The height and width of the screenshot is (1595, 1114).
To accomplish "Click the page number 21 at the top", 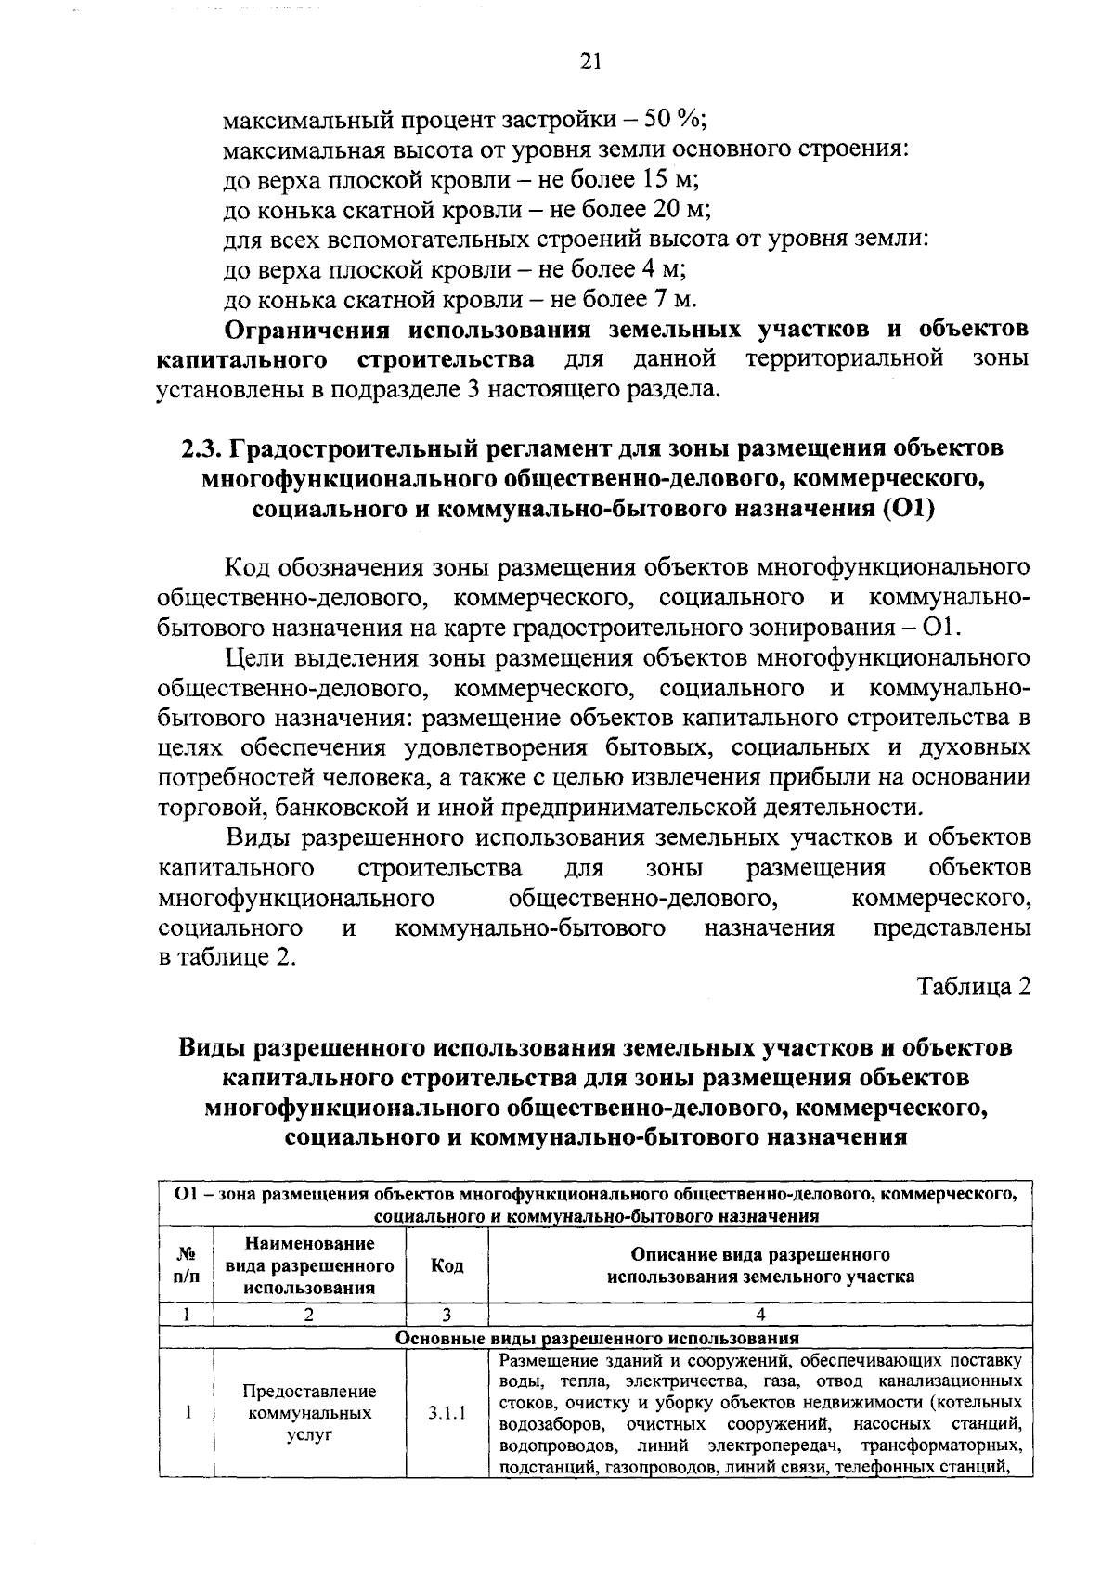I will point(591,62).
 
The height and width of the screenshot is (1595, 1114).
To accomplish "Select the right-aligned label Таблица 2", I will point(975,987).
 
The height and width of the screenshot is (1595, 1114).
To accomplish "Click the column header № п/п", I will point(186,1265).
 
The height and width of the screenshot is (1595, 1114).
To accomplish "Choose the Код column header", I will point(447,1265).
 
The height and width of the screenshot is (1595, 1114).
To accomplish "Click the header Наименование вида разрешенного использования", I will point(309,1265).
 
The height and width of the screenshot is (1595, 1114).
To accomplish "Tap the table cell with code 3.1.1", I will point(447,1414).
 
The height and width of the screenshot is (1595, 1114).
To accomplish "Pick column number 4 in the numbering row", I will point(760,1315).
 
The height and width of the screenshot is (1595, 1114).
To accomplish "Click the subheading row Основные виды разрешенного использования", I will point(597,1339).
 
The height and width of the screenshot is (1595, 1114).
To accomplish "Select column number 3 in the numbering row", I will point(447,1315).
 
